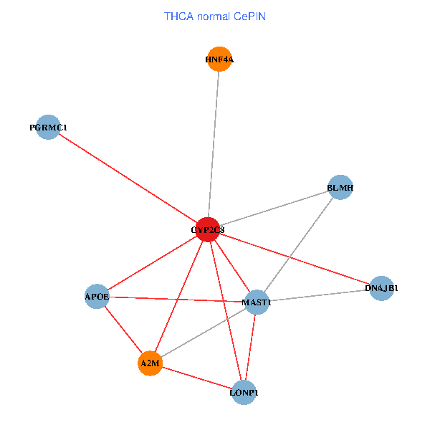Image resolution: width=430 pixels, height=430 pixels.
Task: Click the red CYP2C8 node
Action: coord(207,229)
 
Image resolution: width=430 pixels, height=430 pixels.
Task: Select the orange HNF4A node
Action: coord(219,59)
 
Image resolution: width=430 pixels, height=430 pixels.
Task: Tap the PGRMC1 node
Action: coord(48,127)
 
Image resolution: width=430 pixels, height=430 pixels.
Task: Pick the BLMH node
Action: coord(340,188)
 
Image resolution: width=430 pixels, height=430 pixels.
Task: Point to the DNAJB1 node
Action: coord(382,288)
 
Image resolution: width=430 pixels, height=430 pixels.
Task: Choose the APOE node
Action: coord(97,296)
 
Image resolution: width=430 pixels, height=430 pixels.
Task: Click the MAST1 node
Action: coord(257,302)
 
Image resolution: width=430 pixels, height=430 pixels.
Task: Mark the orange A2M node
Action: coord(150,363)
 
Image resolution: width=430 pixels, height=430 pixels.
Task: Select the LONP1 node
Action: coord(244,393)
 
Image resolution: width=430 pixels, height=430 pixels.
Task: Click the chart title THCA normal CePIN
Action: coord(215,16)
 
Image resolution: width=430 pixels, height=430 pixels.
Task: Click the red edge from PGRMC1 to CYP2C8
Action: coord(128,178)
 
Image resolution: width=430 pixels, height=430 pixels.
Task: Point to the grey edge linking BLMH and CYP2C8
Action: coord(273,209)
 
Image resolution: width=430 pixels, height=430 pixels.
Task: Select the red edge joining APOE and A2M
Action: coord(123,330)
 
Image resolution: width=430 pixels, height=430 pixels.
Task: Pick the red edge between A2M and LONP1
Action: coord(197,378)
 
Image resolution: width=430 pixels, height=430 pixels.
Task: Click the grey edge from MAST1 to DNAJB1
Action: coord(319,295)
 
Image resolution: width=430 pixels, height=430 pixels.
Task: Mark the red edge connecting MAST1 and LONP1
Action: coord(251,348)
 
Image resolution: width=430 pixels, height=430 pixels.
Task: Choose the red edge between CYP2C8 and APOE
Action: coord(152,262)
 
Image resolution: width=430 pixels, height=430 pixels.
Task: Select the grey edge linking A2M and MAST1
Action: coord(203,333)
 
